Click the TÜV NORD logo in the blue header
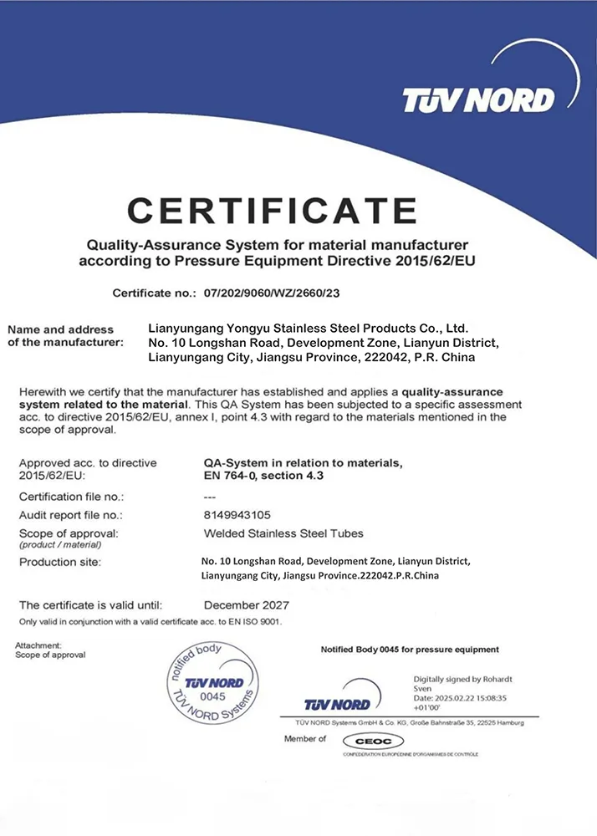coord(477,100)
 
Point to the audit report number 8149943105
coord(237,515)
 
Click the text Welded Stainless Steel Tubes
coord(283,533)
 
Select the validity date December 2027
coord(247,604)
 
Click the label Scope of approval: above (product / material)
coord(69,533)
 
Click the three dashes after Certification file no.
coord(210,497)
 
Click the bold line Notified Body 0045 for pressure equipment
coord(410,650)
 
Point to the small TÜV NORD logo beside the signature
coord(343,702)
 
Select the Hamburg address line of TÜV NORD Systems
coord(409,721)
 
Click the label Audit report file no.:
coord(71,515)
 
